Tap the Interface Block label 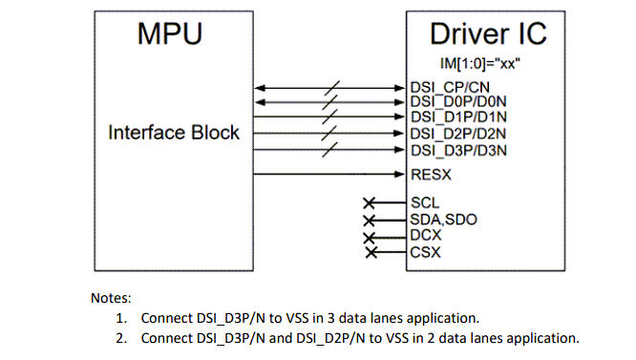point(173,133)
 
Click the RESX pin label point(431,175)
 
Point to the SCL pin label point(425,202)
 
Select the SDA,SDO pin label point(444,219)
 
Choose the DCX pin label point(426,235)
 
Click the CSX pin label point(426,252)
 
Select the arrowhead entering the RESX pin point(401,175)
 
